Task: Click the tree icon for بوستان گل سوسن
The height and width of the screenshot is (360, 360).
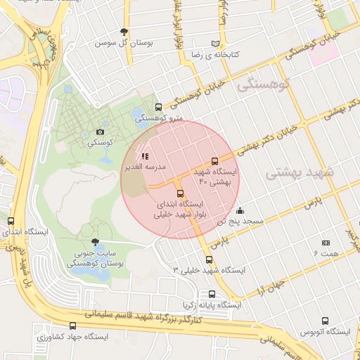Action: (x=124, y=32)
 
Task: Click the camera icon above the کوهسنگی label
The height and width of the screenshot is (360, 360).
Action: (x=100, y=131)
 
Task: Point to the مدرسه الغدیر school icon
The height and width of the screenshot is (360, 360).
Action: (x=145, y=156)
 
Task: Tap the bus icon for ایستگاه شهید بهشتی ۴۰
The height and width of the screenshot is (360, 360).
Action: (x=215, y=161)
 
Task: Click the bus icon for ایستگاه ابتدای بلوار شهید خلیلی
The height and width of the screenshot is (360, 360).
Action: (x=180, y=193)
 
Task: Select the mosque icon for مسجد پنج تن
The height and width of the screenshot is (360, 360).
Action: (x=240, y=210)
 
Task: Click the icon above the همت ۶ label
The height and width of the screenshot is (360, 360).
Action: (x=326, y=243)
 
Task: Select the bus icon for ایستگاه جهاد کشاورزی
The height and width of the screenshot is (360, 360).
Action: (x=72, y=326)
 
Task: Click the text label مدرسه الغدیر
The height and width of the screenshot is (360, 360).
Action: (x=145, y=167)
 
